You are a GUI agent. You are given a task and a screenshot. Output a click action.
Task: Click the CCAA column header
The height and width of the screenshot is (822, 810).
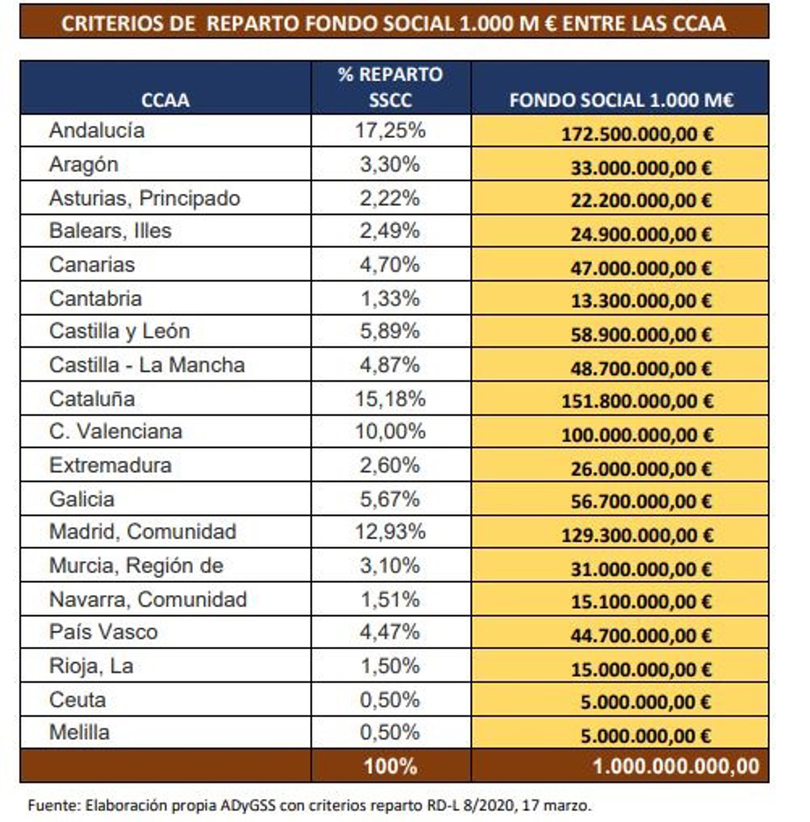(165, 100)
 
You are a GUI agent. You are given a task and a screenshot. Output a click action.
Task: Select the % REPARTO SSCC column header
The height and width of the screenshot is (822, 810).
(390, 87)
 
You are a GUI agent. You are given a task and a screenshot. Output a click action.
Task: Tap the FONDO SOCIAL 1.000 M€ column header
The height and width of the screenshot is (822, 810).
(621, 100)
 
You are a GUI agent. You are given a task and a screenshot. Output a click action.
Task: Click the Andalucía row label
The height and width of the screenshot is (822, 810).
(97, 130)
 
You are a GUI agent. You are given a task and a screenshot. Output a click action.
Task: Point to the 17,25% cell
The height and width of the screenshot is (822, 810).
(390, 130)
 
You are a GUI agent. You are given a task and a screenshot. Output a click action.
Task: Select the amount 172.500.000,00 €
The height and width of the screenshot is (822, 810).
(637, 134)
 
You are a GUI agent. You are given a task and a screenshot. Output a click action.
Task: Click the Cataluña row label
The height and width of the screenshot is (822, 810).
(92, 399)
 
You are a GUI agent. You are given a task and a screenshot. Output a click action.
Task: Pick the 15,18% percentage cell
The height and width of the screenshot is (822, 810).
(390, 399)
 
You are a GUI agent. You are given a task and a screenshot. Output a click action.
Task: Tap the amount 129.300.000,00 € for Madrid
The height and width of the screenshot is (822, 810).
(637, 535)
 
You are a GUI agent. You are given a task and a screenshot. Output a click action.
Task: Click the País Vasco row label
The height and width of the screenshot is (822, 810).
(103, 632)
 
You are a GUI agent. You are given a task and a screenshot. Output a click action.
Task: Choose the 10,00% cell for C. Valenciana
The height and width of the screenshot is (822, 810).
(390, 431)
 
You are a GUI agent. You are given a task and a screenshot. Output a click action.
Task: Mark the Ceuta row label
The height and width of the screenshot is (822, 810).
(77, 700)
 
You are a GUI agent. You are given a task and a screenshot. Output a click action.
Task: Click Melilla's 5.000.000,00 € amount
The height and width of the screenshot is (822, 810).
(645, 736)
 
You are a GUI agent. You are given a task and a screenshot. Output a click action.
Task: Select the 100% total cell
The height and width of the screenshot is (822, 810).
(390, 767)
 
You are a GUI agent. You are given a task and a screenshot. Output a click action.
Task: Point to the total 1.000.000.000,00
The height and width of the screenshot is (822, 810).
(676, 767)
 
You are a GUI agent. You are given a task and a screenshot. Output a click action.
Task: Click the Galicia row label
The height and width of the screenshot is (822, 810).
(82, 499)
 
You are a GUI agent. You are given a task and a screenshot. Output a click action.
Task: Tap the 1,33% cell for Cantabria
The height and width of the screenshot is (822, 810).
(390, 298)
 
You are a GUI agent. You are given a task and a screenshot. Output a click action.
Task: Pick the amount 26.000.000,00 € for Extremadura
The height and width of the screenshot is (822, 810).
(641, 469)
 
